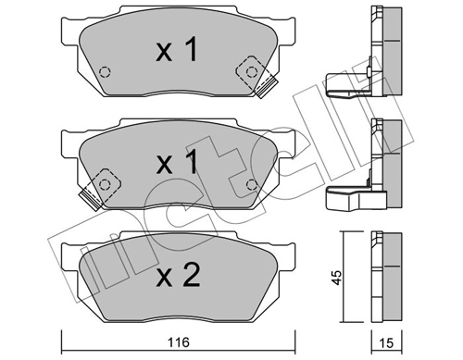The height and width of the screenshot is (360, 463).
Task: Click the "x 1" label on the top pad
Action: click(175, 51)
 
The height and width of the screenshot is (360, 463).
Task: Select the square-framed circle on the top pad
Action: click(248, 70)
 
